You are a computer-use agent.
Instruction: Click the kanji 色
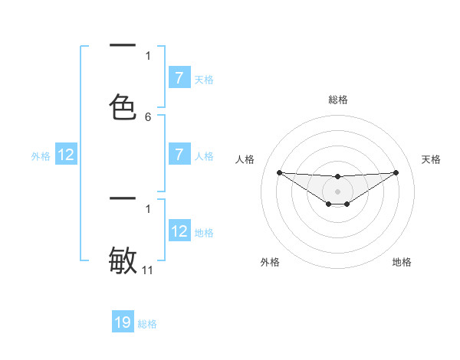click(123, 106)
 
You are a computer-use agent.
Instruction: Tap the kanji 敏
click(123, 260)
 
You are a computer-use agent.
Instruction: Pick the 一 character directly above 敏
click(123, 199)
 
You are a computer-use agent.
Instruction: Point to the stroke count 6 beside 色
click(148, 117)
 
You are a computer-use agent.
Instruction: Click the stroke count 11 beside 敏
click(148, 270)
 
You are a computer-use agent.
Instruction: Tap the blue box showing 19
click(123, 322)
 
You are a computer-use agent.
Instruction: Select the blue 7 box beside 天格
click(179, 77)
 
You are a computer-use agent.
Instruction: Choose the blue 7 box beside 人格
click(179, 154)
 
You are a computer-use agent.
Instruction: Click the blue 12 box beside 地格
click(179, 231)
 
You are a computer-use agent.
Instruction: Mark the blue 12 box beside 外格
click(66, 155)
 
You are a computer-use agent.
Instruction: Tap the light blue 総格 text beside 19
click(147, 324)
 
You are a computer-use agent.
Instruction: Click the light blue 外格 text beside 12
click(41, 156)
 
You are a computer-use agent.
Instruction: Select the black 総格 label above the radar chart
click(337, 100)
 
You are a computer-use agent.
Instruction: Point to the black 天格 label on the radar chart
click(431, 159)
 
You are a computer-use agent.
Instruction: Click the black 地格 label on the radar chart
click(402, 262)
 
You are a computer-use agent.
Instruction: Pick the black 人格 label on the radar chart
click(245, 159)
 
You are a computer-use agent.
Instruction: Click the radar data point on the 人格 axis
click(279, 172)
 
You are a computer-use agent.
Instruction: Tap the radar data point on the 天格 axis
click(396, 172)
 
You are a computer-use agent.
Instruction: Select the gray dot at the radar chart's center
click(337, 191)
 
